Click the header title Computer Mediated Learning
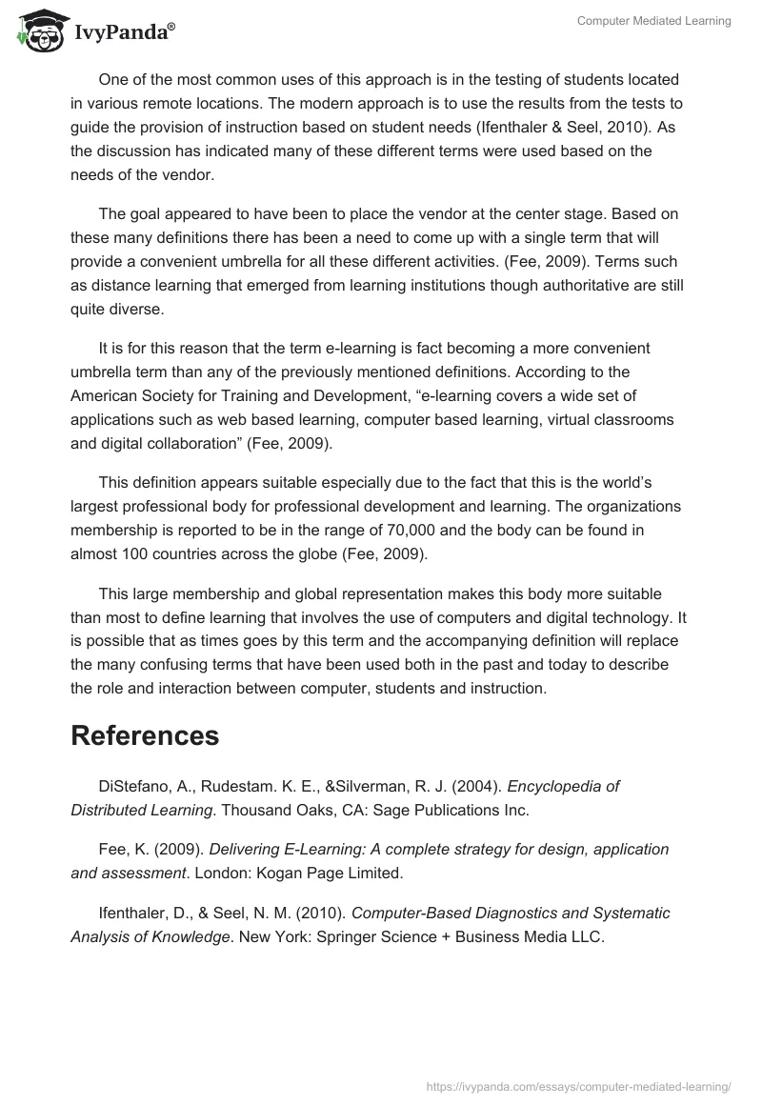654,21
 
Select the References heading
145,735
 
